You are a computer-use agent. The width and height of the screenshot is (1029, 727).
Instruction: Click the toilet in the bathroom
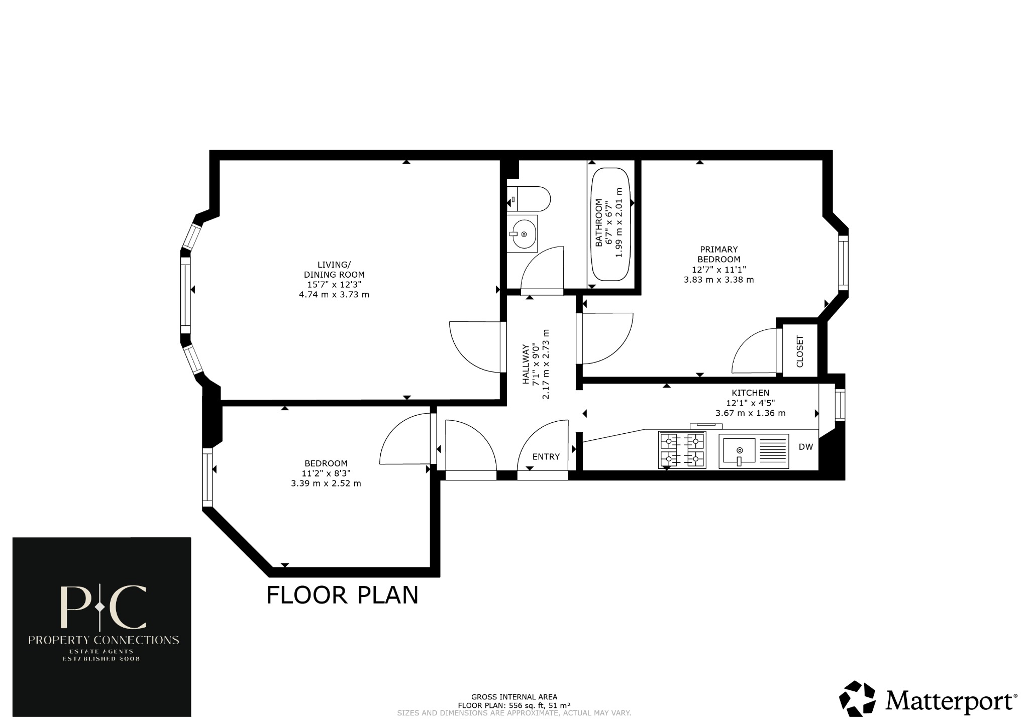tap(530, 199)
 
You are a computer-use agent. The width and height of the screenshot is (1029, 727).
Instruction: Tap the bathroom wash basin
tap(522, 234)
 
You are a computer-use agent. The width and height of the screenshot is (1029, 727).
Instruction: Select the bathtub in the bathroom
tap(610, 224)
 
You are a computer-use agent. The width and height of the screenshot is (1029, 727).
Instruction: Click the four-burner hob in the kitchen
tap(682, 450)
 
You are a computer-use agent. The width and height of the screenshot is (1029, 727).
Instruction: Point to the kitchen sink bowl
tap(739, 450)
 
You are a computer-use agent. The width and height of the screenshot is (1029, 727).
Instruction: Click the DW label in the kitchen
tap(805, 447)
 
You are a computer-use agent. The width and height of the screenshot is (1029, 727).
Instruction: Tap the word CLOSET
tap(800, 351)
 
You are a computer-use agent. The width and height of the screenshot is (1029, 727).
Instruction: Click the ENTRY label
tap(546, 456)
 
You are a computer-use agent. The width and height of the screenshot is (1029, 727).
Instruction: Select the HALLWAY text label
tap(526, 364)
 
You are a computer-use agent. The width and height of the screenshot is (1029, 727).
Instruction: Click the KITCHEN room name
tap(750, 393)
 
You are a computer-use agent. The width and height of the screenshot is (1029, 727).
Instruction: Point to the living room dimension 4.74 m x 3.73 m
tap(334, 295)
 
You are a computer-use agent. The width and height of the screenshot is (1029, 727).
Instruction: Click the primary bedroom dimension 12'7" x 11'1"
tap(718, 270)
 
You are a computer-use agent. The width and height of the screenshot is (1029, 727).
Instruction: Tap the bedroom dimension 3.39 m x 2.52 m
tap(326, 483)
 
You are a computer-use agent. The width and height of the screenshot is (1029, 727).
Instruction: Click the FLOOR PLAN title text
tap(342, 595)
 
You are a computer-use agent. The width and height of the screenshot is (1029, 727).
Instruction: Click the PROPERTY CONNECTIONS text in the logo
tap(104, 640)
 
